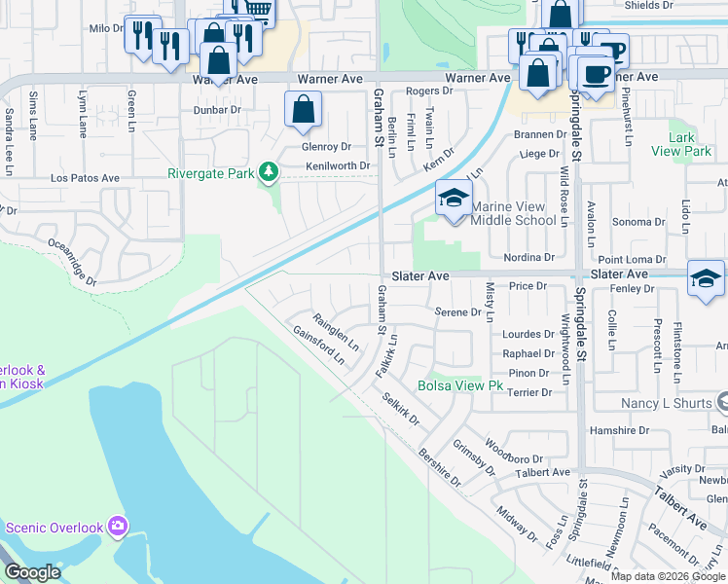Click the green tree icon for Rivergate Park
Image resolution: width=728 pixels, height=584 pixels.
point(269,173)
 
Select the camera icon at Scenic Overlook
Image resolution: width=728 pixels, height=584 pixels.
point(118,527)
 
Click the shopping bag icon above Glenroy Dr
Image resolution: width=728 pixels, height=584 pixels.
point(304,109)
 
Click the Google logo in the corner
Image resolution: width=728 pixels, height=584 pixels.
point(32,572)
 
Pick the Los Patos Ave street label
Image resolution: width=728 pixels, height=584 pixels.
point(85,179)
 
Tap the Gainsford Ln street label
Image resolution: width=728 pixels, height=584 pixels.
point(319,345)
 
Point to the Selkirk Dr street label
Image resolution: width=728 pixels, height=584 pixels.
point(400,410)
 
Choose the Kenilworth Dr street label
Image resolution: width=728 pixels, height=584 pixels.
point(338,166)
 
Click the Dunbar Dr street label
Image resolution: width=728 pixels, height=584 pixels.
point(215,110)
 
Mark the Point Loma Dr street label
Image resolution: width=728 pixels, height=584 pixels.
point(632,260)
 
